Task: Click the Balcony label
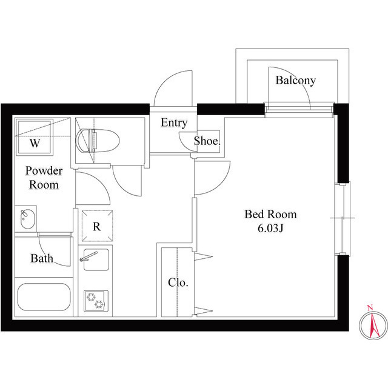pyautogui.click(x=295, y=80)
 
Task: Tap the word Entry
pyautogui.click(x=174, y=122)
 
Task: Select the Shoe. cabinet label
pyautogui.click(x=207, y=142)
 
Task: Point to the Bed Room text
pyautogui.click(x=271, y=214)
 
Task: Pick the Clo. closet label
pyautogui.click(x=178, y=282)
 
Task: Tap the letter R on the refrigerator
pyautogui.click(x=96, y=227)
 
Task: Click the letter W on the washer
pyautogui.click(x=35, y=144)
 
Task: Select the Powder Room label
pyautogui.click(x=42, y=178)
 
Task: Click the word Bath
pyautogui.click(x=42, y=259)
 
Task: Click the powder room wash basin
pyautogui.click(x=26, y=219)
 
